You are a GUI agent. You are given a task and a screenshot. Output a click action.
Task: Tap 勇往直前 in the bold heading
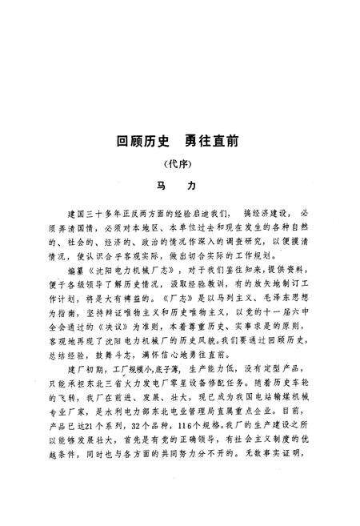[x=208, y=142]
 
